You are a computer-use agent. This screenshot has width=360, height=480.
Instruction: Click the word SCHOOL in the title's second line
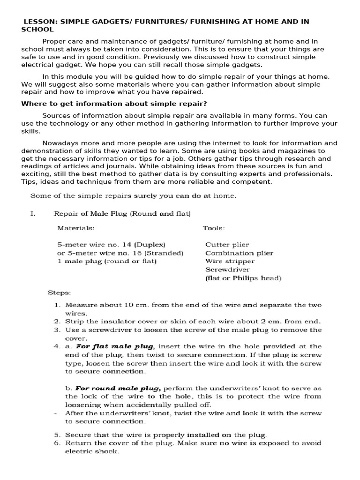point(37,29)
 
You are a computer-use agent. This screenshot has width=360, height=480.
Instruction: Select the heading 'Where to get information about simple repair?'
point(114,104)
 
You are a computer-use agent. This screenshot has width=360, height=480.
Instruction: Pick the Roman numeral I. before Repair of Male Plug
point(33,214)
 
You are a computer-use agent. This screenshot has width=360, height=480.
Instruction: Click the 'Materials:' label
point(76,228)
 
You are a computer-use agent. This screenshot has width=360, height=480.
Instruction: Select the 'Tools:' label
point(214,228)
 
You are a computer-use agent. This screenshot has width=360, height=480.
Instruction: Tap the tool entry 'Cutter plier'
point(227,245)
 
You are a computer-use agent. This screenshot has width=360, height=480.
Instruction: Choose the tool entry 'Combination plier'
point(239,253)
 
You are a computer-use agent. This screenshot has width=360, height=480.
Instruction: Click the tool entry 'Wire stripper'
point(230,261)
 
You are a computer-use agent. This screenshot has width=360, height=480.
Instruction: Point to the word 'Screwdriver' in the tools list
point(227,270)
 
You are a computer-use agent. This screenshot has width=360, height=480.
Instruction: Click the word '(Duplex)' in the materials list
point(150,245)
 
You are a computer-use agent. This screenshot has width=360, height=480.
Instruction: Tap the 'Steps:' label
point(60,293)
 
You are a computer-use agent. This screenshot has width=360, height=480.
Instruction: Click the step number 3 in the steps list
point(57,330)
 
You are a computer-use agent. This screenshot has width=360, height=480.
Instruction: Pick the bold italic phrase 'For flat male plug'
point(115,346)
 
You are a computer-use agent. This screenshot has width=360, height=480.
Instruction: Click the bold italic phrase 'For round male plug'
point(118,388)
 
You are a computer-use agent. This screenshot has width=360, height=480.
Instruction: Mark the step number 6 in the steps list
point(57,443)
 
